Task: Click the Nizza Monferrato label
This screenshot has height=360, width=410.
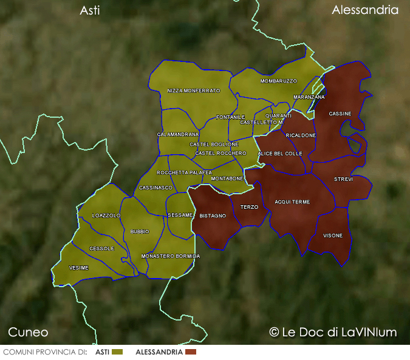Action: (194, 91)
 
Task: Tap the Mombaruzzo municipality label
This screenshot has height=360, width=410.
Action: (279, 81)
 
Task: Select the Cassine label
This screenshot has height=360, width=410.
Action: (340, 114)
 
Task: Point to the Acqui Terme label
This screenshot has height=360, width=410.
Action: (292, 202)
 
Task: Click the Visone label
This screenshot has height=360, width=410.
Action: (332, 236)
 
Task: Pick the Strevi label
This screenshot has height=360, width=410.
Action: (343, 180)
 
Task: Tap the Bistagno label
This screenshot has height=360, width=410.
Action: (213, 216)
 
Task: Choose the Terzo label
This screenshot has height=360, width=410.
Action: (249, 207)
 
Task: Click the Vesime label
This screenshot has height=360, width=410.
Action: (79, 268)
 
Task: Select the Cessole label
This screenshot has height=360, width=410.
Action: (101, 249)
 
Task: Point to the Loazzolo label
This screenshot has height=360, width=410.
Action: (106, 216)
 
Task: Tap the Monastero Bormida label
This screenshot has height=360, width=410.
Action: (171, 257)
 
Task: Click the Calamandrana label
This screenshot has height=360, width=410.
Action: (178, 134)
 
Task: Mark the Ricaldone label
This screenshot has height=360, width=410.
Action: (301, 135)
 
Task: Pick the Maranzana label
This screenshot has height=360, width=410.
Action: (309, 97)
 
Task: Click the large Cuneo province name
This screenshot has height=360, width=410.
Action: (28, 332)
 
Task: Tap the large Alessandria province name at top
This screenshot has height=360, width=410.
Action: (365, 10)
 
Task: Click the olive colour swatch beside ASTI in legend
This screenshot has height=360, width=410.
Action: (118, 352)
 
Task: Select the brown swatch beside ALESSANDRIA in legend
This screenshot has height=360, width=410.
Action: (191, 352)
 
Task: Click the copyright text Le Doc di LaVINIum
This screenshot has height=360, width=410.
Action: (333, 332)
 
